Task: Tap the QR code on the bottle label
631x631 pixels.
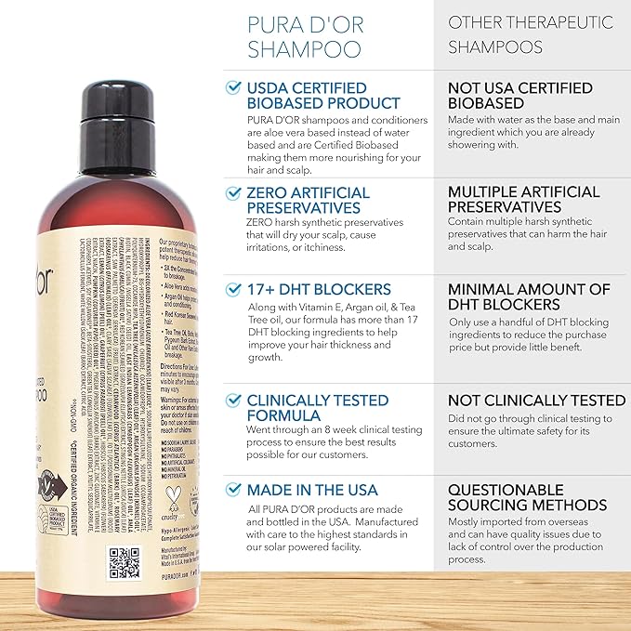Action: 125,562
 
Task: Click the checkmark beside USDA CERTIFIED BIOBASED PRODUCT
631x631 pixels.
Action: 233,87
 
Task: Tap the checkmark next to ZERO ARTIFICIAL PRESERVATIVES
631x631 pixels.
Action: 233,192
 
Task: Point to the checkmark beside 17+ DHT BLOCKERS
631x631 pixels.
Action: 233,289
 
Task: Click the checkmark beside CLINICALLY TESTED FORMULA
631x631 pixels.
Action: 233,401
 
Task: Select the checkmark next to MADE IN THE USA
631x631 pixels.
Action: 233,490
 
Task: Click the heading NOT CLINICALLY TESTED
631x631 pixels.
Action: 536,400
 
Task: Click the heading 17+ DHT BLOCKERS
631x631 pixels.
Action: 319,289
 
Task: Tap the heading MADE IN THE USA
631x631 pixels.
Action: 311,490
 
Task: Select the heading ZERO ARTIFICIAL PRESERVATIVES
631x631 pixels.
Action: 308,201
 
